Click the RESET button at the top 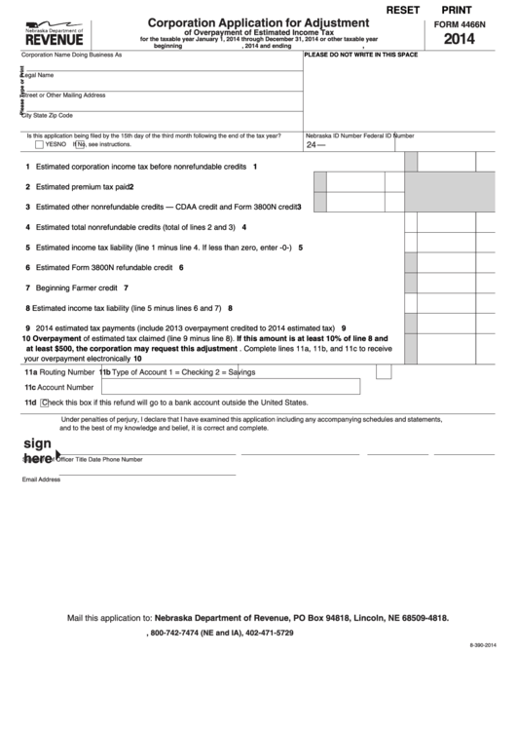tap(405, 9)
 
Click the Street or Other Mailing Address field tap(161, 99)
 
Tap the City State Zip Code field tap(161, 119)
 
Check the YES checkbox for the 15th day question tap(39, 143)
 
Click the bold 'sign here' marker tap(37, 449)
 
